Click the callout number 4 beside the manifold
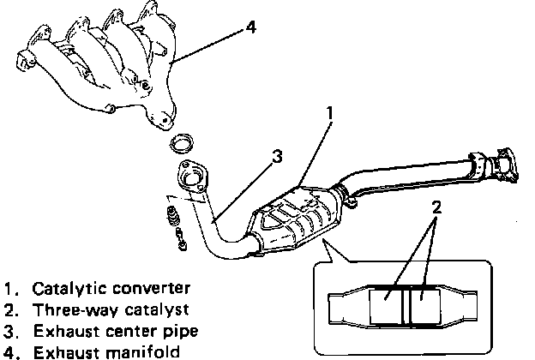pos(251,27)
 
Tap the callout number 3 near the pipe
pos(277,157)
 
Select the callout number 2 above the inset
pos(437,206)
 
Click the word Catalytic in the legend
pos(61,288)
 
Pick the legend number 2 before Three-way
pos(9,309)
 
